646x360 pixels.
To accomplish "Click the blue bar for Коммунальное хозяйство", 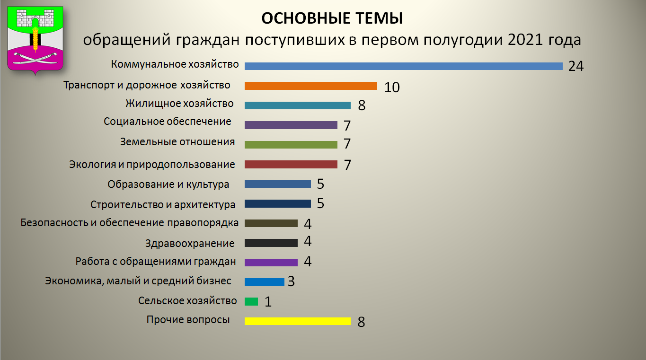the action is point(404,66).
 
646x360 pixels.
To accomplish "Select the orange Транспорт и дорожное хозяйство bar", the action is point(311,86).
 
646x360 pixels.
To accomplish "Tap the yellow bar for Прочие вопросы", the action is point(298,321).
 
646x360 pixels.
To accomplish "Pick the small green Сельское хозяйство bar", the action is point(251,301).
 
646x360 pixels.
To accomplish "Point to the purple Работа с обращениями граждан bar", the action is point(271,262).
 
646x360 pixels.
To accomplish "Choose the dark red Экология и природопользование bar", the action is point(291,164).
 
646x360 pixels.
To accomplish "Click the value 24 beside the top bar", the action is point(576,66).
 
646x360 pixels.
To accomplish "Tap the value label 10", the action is point(392,88).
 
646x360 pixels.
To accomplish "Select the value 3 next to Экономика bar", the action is point(291,281).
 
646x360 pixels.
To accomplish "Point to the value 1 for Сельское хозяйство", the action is point(268,302).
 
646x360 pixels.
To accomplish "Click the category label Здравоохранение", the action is point(190,244).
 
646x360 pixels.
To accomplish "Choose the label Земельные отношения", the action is point(177,142).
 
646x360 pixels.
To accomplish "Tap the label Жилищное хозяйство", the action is point(179,104).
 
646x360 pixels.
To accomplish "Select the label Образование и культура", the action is point(168,184).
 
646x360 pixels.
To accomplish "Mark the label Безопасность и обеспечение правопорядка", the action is point(130,223).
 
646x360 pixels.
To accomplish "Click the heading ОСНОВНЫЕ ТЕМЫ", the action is point(332,18).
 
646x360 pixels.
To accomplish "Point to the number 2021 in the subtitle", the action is point(525,40).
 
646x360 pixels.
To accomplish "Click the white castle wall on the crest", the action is point(35,18).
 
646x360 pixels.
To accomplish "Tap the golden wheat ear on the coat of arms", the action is point(35,40).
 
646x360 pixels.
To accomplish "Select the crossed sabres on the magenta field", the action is point(35,58).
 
